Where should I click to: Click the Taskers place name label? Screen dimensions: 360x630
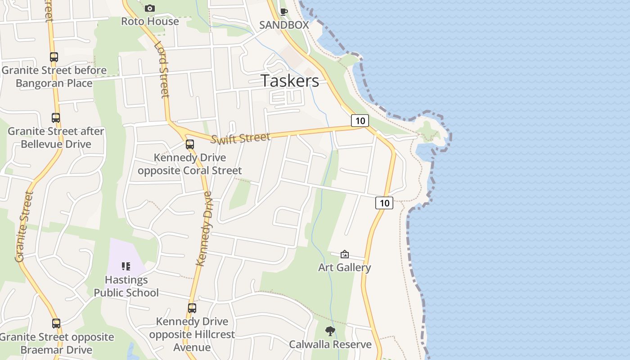(290, 81)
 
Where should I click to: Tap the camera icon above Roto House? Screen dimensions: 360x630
(150, 8)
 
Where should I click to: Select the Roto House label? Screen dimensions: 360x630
(150, 21)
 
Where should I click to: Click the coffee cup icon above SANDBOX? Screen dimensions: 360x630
(284, 12)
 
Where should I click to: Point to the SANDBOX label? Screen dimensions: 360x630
(284, 25)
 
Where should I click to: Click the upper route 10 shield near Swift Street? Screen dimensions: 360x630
(360, 121)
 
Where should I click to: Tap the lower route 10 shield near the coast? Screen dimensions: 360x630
(384, 203)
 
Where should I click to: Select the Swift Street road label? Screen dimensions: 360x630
(240, 138)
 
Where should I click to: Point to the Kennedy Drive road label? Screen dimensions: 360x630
(204, 228)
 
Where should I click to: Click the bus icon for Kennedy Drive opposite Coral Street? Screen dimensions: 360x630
(190, 144)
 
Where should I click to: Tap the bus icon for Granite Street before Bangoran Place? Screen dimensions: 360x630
(54, 57)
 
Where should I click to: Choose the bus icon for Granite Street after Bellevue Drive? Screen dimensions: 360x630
(56, 118)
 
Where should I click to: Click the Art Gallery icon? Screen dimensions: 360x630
(345, 254)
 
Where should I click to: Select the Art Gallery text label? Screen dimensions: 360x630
(345, 267)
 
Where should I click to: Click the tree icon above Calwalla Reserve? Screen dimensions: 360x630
(330, 332)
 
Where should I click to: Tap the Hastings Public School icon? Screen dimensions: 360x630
(126, 266)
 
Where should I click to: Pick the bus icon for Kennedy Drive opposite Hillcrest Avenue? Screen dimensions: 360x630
(192, 308)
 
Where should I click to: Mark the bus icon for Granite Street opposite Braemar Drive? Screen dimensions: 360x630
(56, 324)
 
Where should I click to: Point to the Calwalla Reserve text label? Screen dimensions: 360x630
(330, 345)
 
